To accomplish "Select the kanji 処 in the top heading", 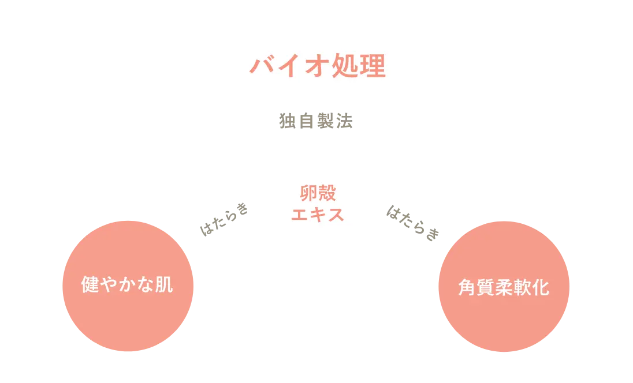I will pyautogui.click(x=346, y=66).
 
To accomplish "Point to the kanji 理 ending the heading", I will pyautogui.click(x=373, y=66).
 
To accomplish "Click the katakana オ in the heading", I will pyautogui.click(x=318, y=66).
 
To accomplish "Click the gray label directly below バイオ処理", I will pyautogui.click(x=316, y=122).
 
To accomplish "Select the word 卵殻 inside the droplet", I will pyautogui.click(x=318, y=193).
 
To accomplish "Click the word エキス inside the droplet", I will pyautogui.click(x=318, y=215).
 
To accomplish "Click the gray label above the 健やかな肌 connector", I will pyautogui.click(x=224, y=219).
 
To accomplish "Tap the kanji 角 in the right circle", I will pyautogui.click(x=467, y=287).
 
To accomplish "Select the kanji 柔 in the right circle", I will pyautogui.click(x=504, y=287).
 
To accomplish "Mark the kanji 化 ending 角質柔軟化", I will pyautogui.click(x=541, y=287).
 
